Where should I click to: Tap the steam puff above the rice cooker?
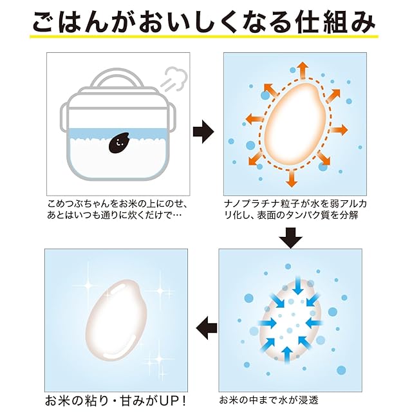click(175, 79)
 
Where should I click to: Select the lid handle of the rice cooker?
click(117, 78)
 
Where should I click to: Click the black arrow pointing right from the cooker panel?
click(203, 131)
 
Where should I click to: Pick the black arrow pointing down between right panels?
click(290, 238)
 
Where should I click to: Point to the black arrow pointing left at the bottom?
click(207, 328)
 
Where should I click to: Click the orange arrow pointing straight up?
click(303, 70)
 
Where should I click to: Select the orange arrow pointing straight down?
click(291, 179)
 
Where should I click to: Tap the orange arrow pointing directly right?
click(339, 130)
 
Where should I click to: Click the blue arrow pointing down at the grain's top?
click(297, 285)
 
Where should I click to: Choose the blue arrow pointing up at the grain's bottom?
click(287, 355)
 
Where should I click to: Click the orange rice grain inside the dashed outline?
click(294, 124)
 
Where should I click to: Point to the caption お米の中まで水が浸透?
click(269, 400)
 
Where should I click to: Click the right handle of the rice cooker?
click(171, 117)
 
